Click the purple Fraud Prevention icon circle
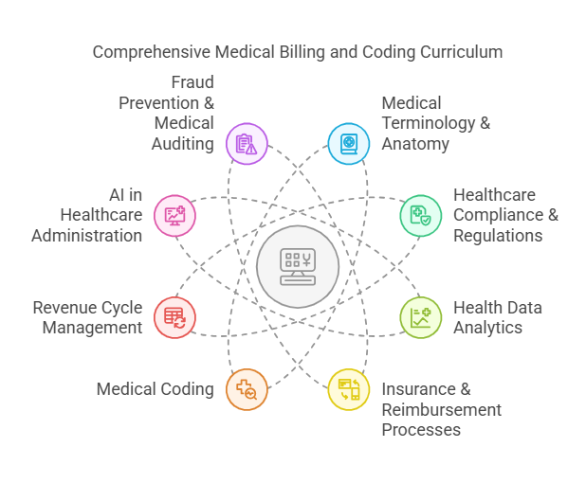coord(247,144)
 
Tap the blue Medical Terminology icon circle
coord(348,144)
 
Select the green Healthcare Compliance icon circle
coord(420,215)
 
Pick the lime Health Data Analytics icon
coord(420,317)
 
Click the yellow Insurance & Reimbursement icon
coord(348,389)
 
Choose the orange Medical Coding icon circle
coord(247,389)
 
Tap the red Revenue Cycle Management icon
coord(174,317)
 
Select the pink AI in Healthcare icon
coord(174,215)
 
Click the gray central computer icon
coord(297,266)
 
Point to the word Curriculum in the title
coord(462,51)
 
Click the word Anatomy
coord(414,144)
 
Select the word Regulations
coord(498,235)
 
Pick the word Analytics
coord(487,328)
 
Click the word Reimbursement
coord(441,409)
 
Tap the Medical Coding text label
coord(156,389)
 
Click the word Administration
coord(87,235)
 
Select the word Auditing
coord(182,144)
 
